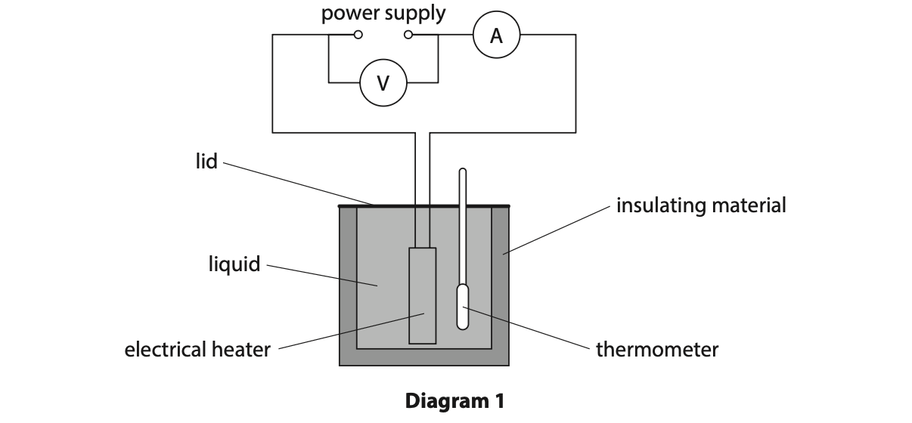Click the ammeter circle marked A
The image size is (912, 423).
496,35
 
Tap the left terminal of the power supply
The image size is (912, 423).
358,35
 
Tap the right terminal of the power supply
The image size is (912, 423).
409,35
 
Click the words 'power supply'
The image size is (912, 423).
383,13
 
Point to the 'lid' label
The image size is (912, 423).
206,161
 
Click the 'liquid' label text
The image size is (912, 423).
234,264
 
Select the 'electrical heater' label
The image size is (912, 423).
197,350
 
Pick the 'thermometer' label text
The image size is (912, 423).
656,350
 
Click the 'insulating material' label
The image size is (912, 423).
701,205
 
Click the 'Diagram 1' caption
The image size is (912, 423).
454,400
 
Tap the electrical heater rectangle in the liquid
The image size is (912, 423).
423,295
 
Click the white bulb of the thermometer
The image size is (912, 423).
463,306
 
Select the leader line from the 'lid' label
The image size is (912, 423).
295,182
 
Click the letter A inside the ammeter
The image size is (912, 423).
496,35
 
